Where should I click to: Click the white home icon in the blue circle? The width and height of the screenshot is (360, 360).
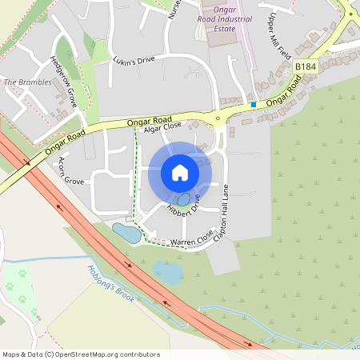[180, 173]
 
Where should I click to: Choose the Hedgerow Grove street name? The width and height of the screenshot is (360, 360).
[63, 82]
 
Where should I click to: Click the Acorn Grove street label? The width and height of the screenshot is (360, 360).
[66, 170]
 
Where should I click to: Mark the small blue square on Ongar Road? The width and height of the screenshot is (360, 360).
[253, 104]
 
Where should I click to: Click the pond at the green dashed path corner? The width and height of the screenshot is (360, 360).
[126, 233]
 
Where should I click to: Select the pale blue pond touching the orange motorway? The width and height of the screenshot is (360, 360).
[168, 273]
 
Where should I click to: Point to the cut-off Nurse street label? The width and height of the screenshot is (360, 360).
[175, 13]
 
